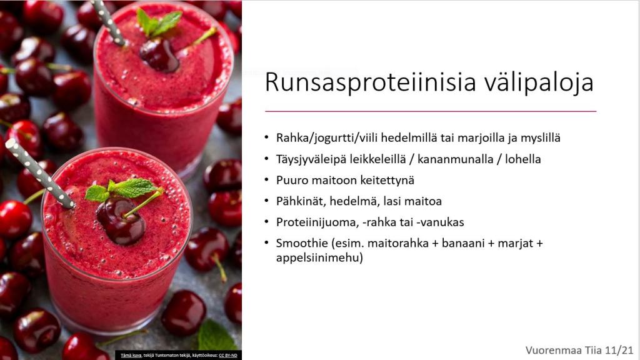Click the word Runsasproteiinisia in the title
pyautogui.click(x=371, y=82)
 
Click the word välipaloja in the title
pyautogui.click(x=539, y=82)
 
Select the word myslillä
pyautogui.click(x=541, y=138)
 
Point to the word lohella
pyautogui.click(x=523, y=159)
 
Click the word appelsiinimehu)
pyautogui.click(x=319, y=258)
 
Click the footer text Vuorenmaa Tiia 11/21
pyautogui.click(x=579, y=350)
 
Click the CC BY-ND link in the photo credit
pyautogui.click(x=228, y=356)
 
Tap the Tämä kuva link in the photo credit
pyautogui.click(x=131, y=356)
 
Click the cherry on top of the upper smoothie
pyautogui.click(x=159, y=55)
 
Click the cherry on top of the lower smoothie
pyautogui.click(x=121, y=221)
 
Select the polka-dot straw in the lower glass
pyautogui.click(x=39, y=174)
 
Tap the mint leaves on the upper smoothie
pyautogui.click(x=159, y=22)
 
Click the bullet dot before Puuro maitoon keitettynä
pyautogui.click(x=266, y=180)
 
